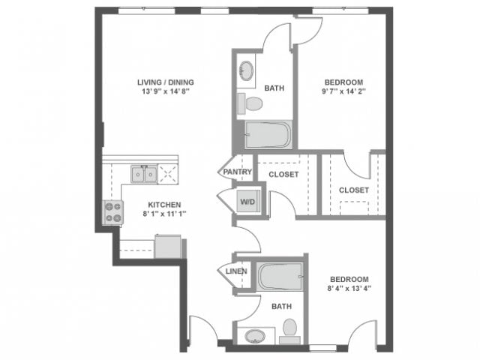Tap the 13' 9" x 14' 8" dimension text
(163, 93)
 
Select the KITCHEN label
(163, 204)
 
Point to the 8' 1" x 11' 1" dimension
(163, 214)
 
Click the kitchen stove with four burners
(113, 213)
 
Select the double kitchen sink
(143, 175)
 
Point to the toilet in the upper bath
(251, 102)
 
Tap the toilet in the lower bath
(290, 330)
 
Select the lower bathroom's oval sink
(253, 334)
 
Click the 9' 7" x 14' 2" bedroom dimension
(343, 93)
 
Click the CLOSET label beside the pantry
(283, 174)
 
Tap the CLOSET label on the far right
(353, 190)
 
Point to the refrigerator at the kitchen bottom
(168, 246)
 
